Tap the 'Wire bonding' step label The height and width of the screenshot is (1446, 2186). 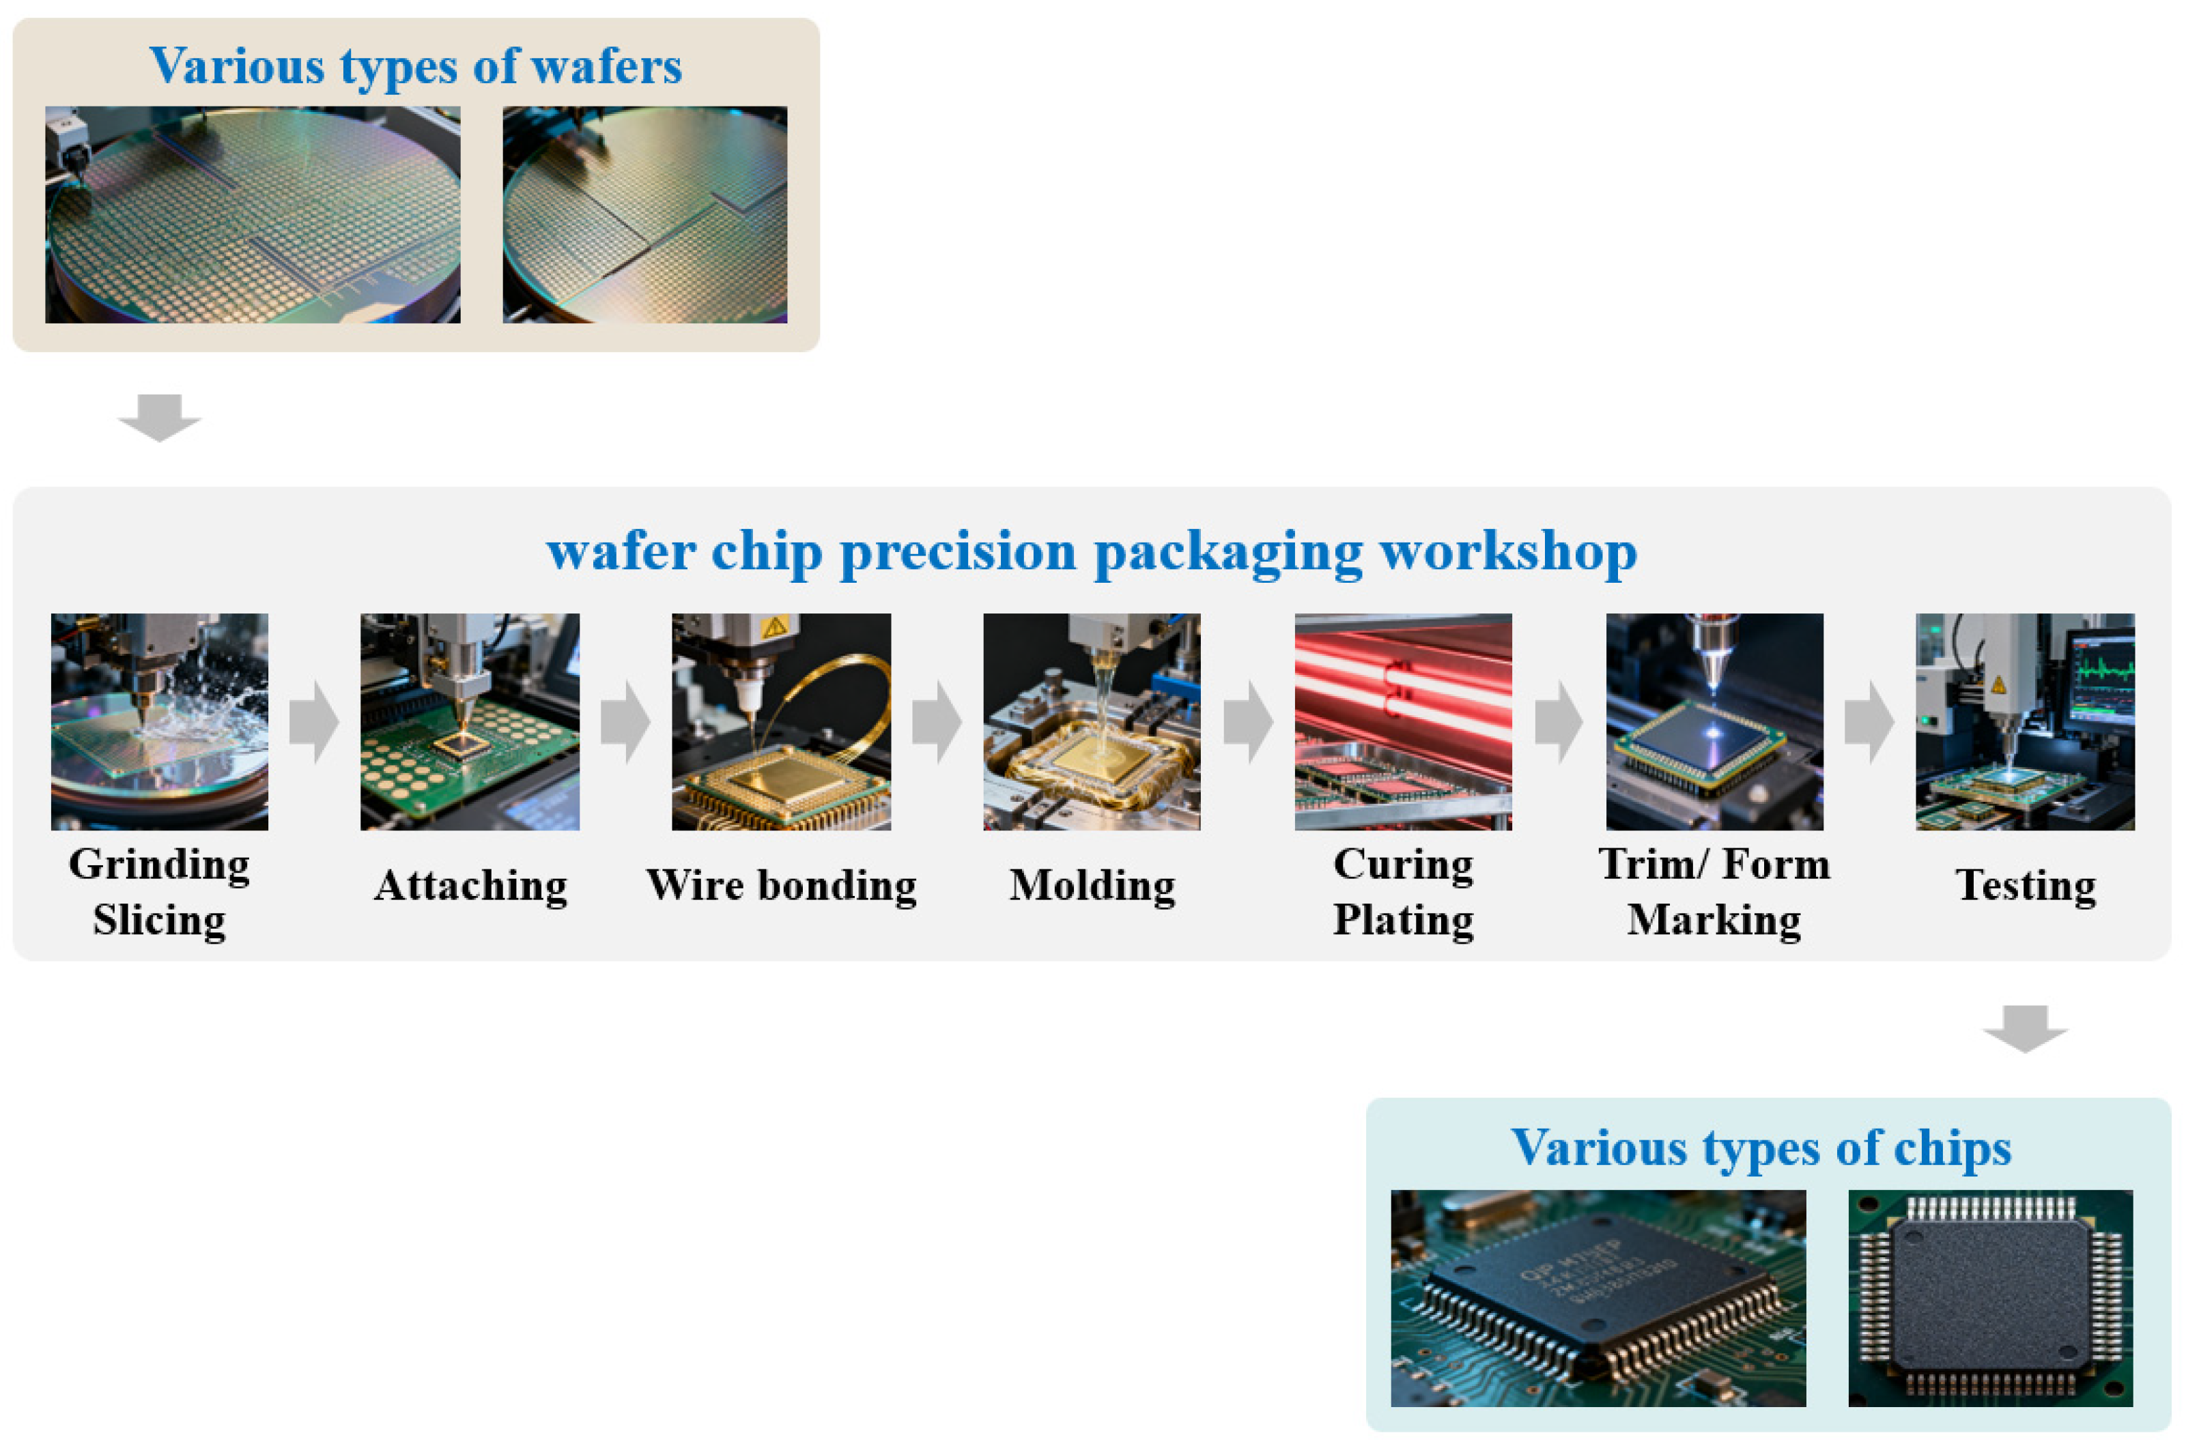[x=781, y=885]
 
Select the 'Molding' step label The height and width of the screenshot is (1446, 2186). [x=1092, y=885]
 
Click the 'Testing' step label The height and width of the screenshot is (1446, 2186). [x=2026, y=885]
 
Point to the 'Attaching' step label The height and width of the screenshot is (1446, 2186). [x=470, y=885]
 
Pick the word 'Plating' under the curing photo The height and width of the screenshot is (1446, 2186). [x=1403, y=921]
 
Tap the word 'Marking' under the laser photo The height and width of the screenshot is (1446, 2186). [x=1714, y=921]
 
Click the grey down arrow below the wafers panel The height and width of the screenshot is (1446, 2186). [x=160, y=418]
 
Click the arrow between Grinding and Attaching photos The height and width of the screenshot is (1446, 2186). [x=313, y=722]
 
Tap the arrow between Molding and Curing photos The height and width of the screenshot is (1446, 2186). [x=1248, y=722]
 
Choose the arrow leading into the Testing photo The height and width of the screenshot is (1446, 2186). [x=1870, y=722]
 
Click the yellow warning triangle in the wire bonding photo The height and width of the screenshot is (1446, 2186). [x=775, y=628]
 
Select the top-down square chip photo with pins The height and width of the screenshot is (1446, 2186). [x=1991, y=1297]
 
